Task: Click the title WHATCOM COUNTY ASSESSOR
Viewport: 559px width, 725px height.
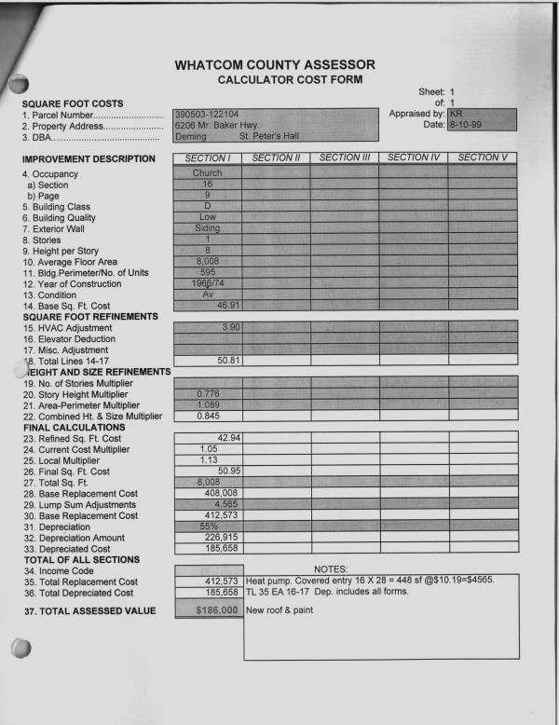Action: (275, 64)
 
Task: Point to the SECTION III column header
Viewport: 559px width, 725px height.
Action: (344, 157)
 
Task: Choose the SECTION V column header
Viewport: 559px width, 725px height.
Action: (482, 157)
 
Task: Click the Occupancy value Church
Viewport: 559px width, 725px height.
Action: (207, 173)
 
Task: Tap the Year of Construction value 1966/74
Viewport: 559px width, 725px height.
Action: (207, 282)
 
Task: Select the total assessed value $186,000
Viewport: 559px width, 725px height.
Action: (207, 609)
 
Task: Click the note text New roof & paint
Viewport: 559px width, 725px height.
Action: (279, 610)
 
